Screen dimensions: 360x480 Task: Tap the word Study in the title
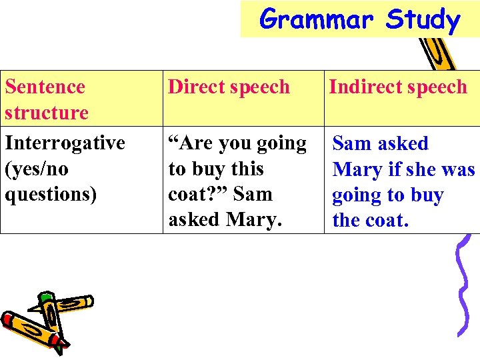point(423,19)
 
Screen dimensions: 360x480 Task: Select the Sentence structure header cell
point(46,99)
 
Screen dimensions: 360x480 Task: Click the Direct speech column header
point(229,87)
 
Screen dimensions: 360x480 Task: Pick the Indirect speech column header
point(398,87)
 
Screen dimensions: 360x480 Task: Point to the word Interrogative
point(65,143)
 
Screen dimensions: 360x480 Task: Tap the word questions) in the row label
point(51,194)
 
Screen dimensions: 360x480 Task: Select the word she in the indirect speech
point(420,169)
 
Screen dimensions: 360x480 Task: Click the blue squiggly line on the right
point(462,287)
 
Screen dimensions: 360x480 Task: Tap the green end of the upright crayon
point(47,297)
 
